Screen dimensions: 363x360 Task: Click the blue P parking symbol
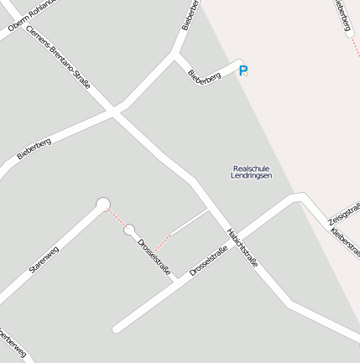point(243,71)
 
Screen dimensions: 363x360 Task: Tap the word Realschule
point(252,169)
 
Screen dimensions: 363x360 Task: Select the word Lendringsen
point(252,176)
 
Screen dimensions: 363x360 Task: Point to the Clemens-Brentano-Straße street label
point(58,57)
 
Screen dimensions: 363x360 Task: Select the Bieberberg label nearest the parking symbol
point(205,75)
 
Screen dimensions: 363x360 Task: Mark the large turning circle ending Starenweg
point(103,204)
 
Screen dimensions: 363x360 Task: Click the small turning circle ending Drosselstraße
point(129,230)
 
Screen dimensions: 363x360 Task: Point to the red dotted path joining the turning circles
point(116,216)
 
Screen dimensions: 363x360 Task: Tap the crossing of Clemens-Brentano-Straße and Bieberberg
point(116,111)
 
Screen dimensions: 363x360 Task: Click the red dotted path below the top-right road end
point(354,48)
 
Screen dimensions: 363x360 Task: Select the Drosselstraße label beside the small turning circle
point(154,257)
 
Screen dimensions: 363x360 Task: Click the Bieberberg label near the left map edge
point(34,148)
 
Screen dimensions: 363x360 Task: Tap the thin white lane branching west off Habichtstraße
point(190,221)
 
